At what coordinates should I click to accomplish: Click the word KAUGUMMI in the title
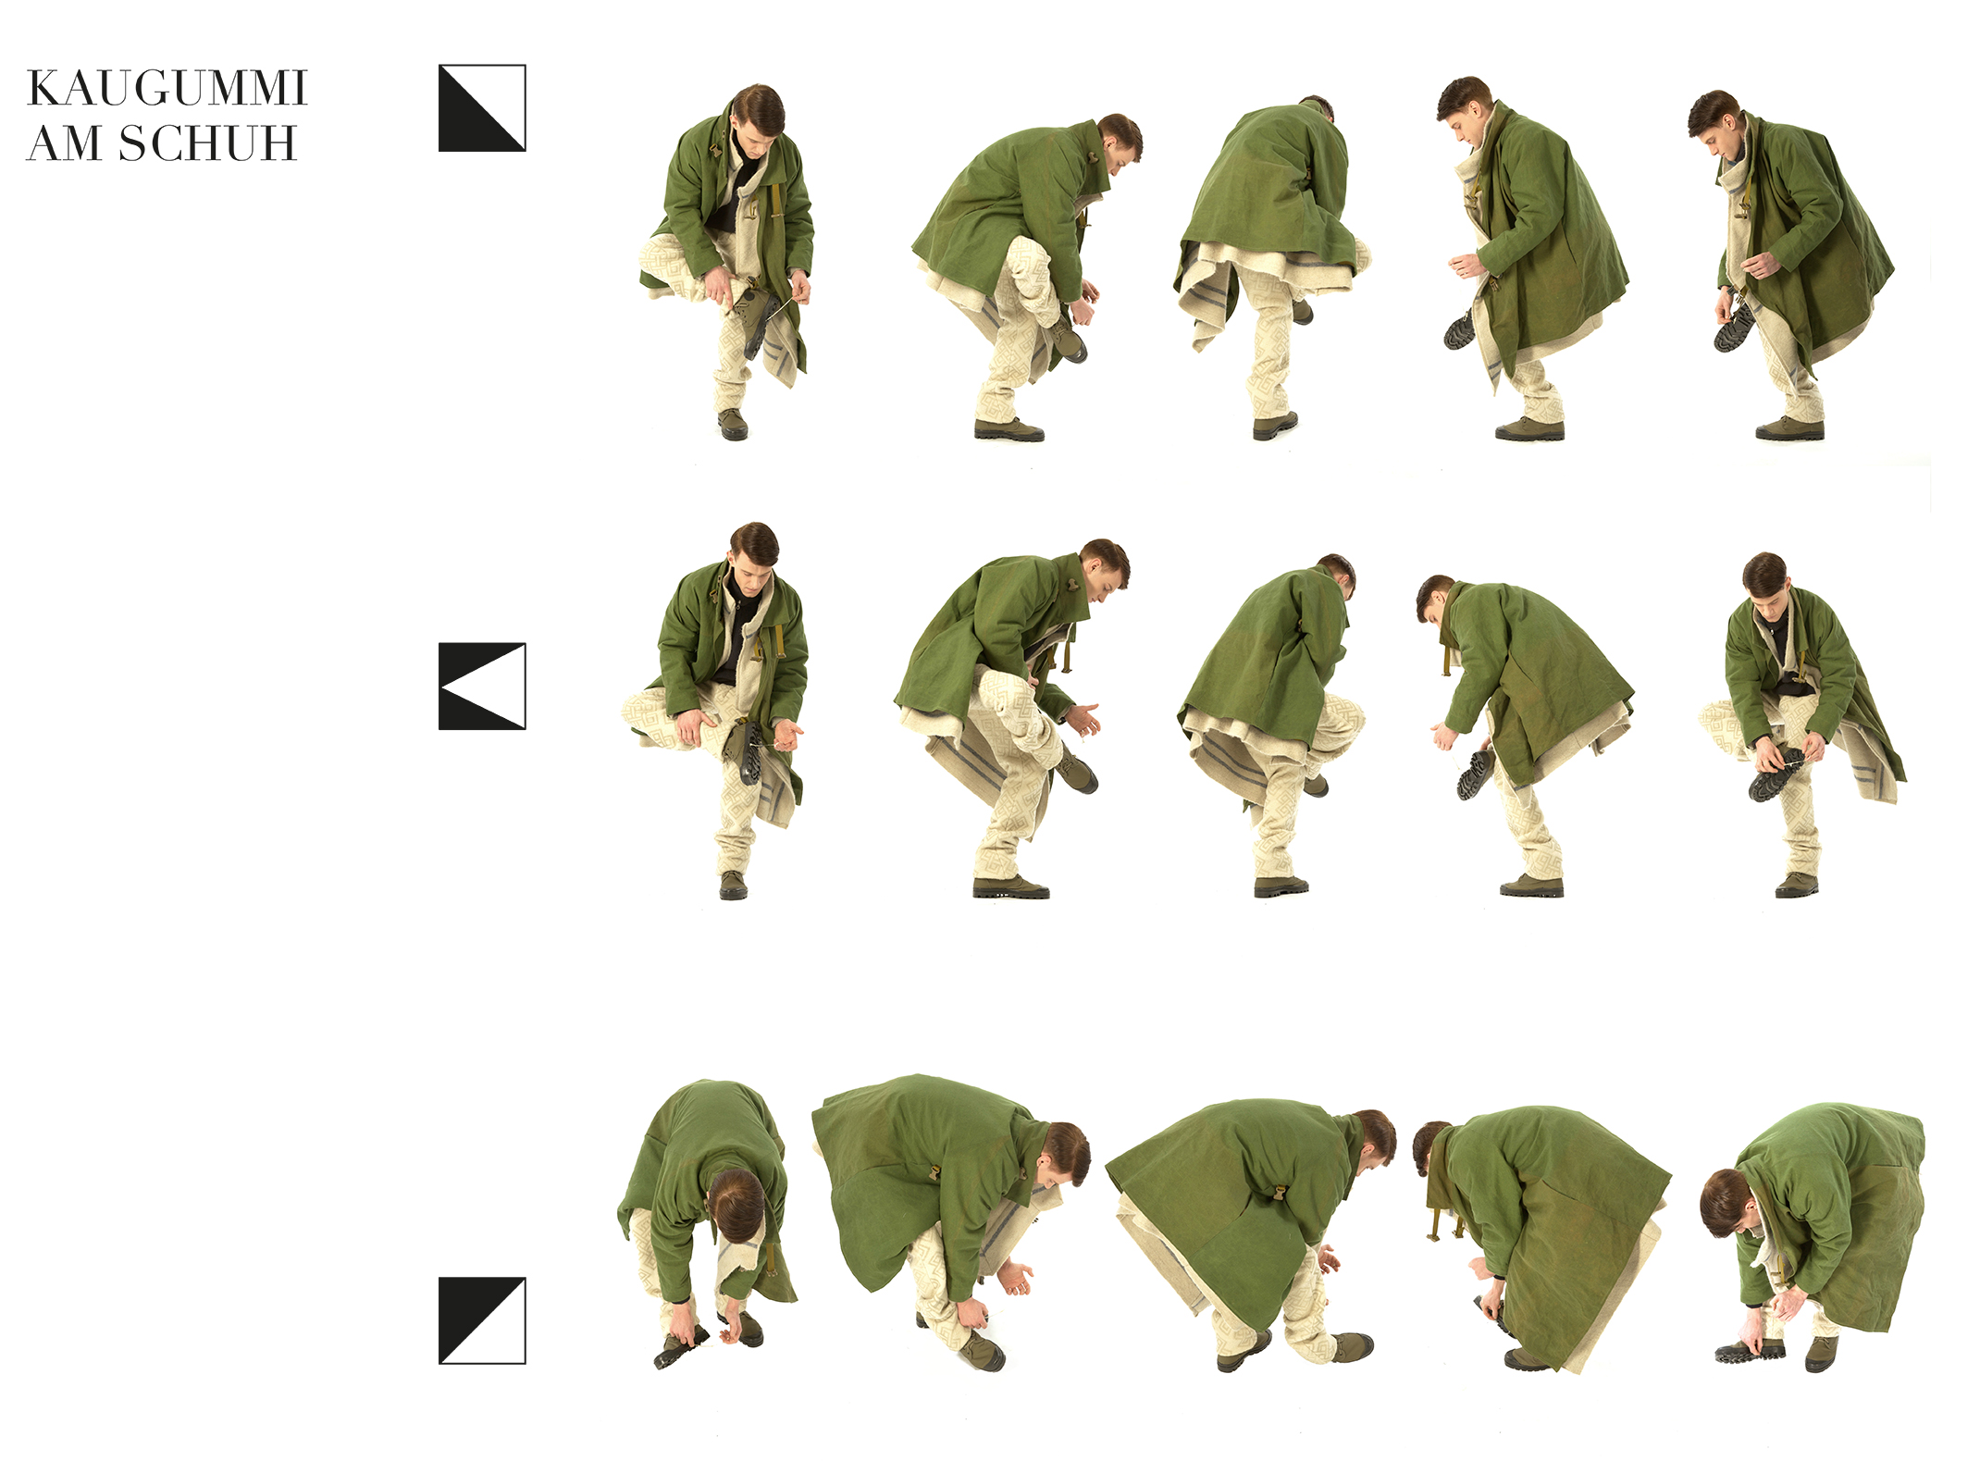point(167,89)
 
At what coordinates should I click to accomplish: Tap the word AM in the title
point(64,144)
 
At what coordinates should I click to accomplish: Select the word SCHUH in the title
point(207,144)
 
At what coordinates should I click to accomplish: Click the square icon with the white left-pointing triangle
point(482,687)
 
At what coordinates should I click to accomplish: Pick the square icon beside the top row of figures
point(482,108)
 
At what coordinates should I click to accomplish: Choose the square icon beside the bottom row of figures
point(482,1320)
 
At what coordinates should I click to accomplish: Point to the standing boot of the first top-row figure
point(733,425)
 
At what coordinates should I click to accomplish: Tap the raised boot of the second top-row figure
point(1068,341)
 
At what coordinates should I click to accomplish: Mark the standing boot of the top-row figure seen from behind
point(1275,426)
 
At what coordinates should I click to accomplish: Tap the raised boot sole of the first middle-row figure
point(749,754)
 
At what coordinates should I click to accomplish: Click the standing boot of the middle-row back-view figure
point(1281,886)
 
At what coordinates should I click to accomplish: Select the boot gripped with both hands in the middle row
point(1776,775)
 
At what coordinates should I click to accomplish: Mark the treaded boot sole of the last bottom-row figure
point(1749,1353)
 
